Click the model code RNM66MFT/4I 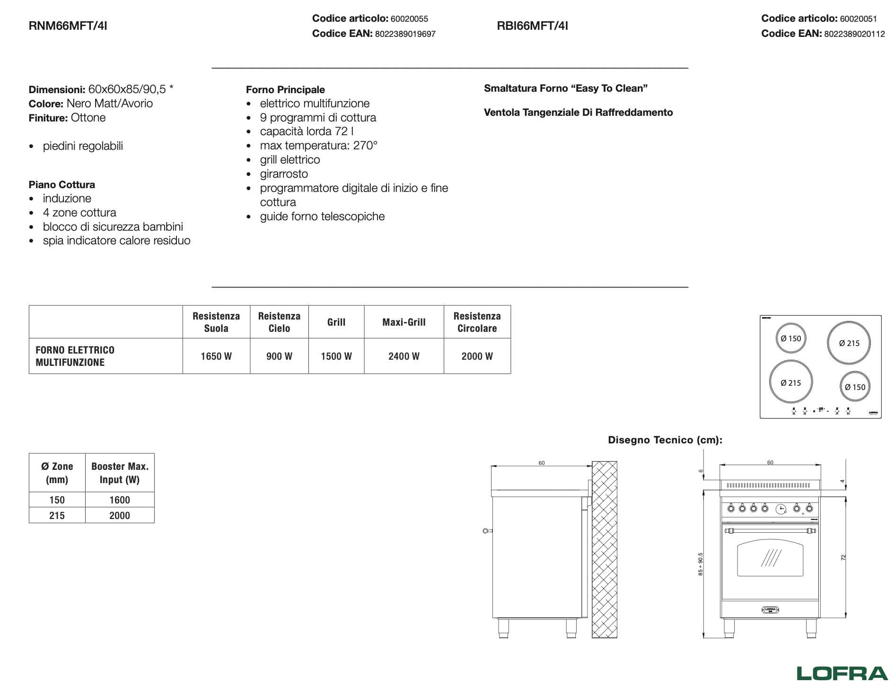(x=68, y=26)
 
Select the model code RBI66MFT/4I (x=532, y=26)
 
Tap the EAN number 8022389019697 (x=405, y=34)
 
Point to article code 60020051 (x=858, y=19)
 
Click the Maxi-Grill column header (x=404, y=322)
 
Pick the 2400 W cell (x=404, y=356)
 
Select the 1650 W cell (x=216, y=356)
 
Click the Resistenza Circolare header (x=477, y=322)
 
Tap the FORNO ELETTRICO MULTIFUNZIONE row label (x=75, y=356)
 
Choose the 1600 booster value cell (x=119, y=500)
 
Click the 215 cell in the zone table (x=57, y=515)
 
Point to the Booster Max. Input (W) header (x=120, y=473)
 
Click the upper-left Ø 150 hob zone (x=790, y=338)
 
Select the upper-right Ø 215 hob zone (x=849, y=343)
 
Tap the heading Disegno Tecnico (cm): (x=665, y=440)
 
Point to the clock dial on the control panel (x=781, y=509)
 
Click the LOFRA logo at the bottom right (x=842, y=673)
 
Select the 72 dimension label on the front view (x=843, y=558)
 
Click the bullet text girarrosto (x=284, y=174)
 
